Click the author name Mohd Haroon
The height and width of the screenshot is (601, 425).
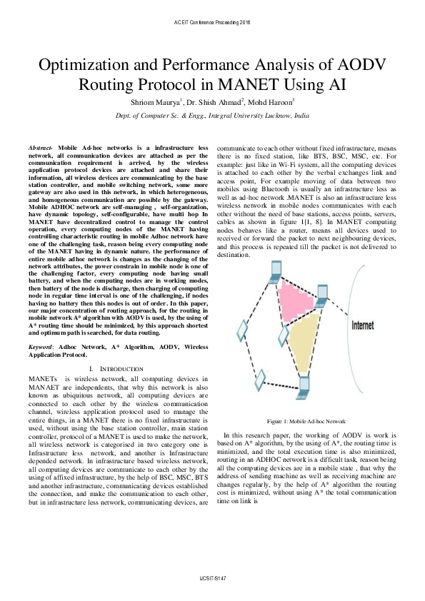tap(279, 102)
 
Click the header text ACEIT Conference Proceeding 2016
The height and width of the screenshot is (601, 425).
tap(212, 23)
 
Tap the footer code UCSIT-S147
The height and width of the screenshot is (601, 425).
tap(212, 576)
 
